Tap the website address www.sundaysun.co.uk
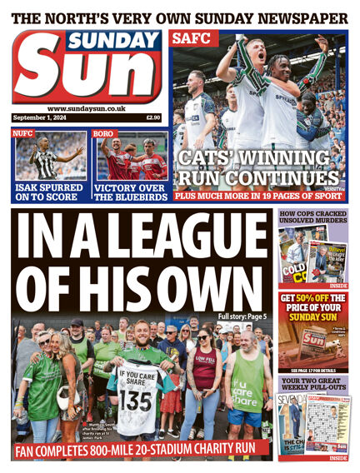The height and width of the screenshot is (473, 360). click(x=87, y=108)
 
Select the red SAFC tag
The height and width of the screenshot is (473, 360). click(x=184, y=38)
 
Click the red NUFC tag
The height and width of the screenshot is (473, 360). click(x=22, y=133)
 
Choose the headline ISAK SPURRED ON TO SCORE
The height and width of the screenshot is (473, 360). click(x=47, y=192)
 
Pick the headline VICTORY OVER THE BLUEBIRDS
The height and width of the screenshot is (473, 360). click(x=130, y=192)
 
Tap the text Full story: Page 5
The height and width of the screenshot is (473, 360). click(x=242, y=316)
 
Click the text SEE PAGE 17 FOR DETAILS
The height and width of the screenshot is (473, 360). click(x=313, y=370)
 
